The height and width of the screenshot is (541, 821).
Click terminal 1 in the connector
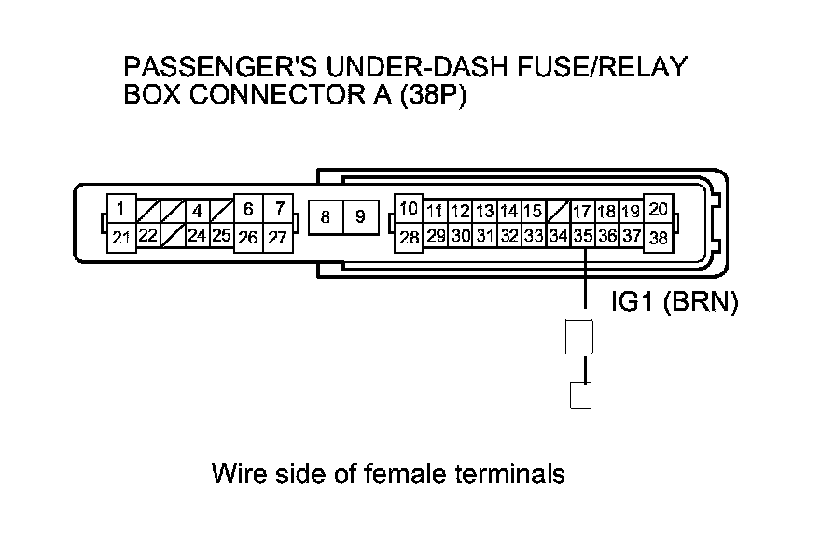click(x=121, y=210)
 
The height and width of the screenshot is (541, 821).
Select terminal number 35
click(x=582, y=237)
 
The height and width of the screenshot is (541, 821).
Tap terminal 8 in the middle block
click(x=325, y=218)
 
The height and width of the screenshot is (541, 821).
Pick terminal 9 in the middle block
click(x=359, y=218)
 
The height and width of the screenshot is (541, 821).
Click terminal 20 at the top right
click(x=658, y=210)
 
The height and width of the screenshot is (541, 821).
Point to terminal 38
click(x=658, y=238)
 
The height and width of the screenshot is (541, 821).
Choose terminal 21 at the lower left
click(x=121, y=238)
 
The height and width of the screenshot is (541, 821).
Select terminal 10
click(x=409, y=209)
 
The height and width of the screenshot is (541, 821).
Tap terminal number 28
click(x=409, y=238)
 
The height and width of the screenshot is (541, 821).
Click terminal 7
click(x=278, y=210)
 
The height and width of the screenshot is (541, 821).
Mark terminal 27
click(x=278, y=238)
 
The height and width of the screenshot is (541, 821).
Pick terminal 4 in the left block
click(x=197, y=212)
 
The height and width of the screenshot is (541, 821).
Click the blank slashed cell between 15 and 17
click(x=558, y=212)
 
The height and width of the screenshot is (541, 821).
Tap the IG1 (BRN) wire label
click(x=674, y=302)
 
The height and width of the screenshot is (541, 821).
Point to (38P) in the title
click(x=431, y=96)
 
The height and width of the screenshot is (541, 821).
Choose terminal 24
click(x=197, y=236)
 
